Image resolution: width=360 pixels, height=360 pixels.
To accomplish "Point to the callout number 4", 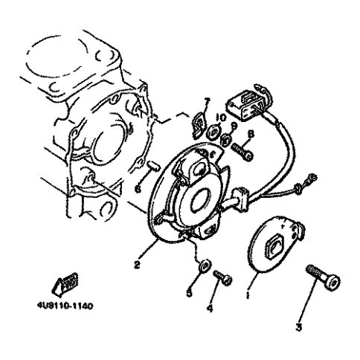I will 210,307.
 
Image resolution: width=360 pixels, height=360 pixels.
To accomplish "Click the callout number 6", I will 138,189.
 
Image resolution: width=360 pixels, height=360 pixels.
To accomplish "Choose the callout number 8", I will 249,134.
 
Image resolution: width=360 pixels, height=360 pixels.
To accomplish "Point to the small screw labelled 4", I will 222,278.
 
